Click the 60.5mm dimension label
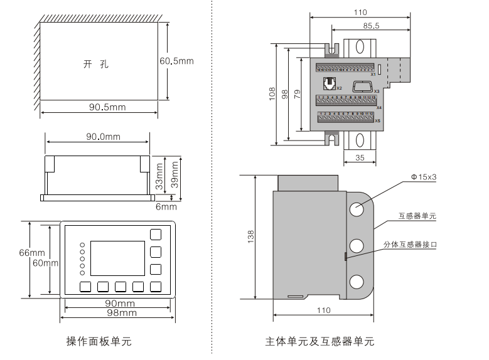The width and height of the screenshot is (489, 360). click(176, 61)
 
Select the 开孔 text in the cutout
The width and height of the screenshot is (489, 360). click(96, 64)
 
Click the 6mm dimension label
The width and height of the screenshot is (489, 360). click(166, 206)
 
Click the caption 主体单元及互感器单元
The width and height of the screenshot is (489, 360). click(320, 342)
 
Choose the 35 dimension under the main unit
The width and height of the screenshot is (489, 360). click(360, 157)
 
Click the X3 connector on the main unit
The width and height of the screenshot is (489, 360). click(362, 86)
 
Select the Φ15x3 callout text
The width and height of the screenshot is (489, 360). click(423, 177)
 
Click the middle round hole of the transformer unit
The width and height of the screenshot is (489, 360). click(357, 245)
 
